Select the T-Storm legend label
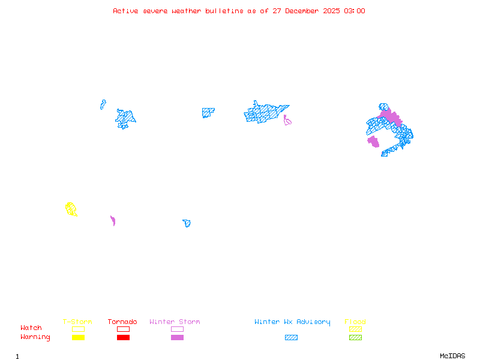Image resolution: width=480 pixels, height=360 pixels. coord(77,322)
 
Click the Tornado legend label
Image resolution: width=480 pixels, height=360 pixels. coord(122,322)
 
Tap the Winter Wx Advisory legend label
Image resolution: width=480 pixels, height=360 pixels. coord(292,322)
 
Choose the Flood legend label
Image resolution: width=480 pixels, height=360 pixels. coord(355,322)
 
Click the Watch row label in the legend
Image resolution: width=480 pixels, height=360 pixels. coord(31,328)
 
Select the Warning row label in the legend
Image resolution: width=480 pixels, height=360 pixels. coord(35,337)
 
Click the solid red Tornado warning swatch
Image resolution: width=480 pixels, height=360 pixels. coord(123,338)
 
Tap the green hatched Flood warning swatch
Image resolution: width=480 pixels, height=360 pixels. coord(355,338)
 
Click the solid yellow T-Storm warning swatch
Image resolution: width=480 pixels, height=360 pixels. coord(78,338)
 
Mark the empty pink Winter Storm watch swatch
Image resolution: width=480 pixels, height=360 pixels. coord(177,329)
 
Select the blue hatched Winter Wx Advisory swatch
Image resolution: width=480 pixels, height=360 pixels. coord(291,338)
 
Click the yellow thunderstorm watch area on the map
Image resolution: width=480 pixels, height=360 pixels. coord(71,209)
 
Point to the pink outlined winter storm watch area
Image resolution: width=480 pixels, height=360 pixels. coord(287,121)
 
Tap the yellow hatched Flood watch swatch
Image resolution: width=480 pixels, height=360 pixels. coord(355,329)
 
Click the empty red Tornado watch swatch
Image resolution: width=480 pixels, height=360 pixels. coord(123,329)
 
